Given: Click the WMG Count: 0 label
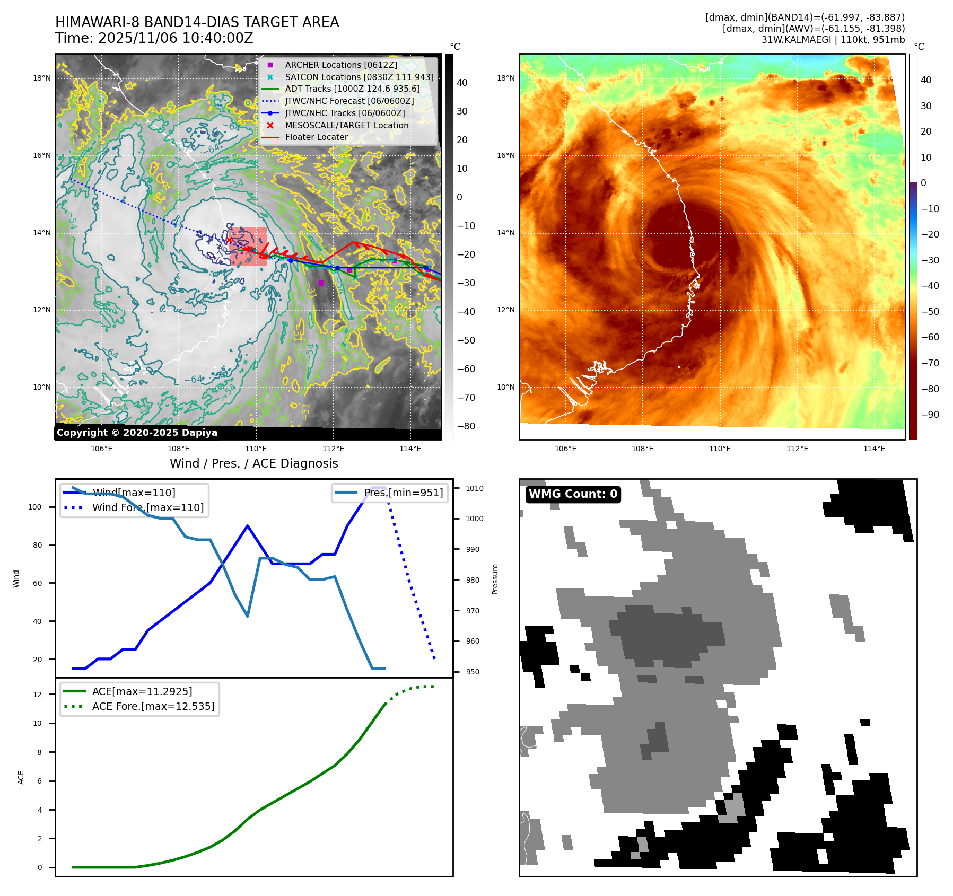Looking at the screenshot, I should click(x=573, y=494).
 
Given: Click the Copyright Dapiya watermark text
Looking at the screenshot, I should click(x=137, y=433).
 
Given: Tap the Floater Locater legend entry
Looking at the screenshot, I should click(x=316, y=137).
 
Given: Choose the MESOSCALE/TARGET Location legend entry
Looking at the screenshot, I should click(x=346, y=125).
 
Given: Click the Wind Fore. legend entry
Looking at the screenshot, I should click(x=147, y=507).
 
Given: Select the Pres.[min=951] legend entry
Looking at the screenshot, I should click(x=403, y=493).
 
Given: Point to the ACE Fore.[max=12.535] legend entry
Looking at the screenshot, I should click(x=153, y=706).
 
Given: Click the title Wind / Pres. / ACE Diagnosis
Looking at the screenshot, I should click(x=253, y=463).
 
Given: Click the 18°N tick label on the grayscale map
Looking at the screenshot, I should click(x=42, y=78).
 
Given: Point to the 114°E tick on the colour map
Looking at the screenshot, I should click(x=874, y=449).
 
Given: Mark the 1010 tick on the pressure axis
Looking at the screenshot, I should click(x=475, y=488).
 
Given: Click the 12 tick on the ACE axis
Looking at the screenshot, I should click(x=37, y=695).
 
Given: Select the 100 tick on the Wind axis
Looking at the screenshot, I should click(x=34, y=507).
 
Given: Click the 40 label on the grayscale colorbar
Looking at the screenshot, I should click(x=462, y=83).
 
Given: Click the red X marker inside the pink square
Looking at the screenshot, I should click(x=229, y=240).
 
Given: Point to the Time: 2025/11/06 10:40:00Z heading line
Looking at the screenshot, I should click(x=154, y=38).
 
